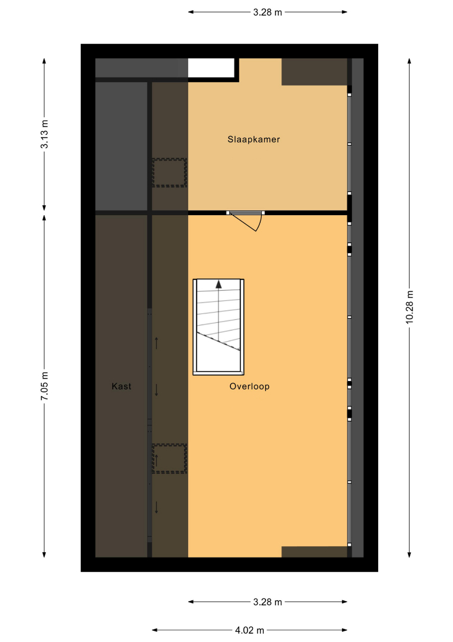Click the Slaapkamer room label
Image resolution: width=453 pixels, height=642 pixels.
(x=254, y=139)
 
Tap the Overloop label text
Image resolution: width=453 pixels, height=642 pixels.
(x=249, y=386)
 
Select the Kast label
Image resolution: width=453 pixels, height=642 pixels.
(x=122, y=386)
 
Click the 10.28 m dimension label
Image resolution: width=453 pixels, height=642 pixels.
(x=410, y=307)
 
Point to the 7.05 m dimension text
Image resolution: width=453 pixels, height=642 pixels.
(x=45, y=386)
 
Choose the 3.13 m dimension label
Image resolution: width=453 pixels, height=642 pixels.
(x=45, y=134)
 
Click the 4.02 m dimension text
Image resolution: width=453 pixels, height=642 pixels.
(x=249, y=630)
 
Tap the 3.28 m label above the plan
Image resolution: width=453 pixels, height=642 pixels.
(x=267, y=12)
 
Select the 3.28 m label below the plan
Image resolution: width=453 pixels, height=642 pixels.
(x=267, y=602)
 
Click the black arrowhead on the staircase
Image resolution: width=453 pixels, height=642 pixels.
(x=218, y=284)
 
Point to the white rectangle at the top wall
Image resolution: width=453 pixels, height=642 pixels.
(x=211, y=68)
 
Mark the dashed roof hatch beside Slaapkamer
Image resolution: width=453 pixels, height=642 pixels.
(x=169, y=173)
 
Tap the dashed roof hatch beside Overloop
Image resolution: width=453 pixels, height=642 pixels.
(x=169, y=458)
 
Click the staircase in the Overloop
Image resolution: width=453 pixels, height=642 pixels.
(x=218, y=327)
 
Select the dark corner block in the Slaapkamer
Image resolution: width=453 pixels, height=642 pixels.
(x=315, y=72)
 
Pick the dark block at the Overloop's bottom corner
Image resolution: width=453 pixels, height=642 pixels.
(x=315, y=552)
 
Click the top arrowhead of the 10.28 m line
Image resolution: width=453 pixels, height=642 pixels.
(x=409, y=61)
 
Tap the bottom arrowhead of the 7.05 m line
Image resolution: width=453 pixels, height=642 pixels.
(x=44, y=555)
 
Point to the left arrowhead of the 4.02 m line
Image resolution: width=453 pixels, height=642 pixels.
(x=155, y=630)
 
